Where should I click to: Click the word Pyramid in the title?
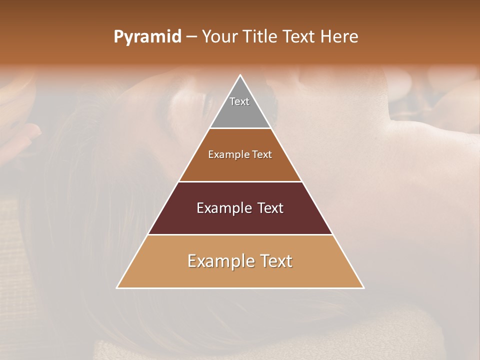tap(147, 37)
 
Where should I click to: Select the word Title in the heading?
tap(260, 37)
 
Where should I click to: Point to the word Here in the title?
tap(339, 37)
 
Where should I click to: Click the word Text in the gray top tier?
tap(239, 101)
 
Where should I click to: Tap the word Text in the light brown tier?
tap(262, 155)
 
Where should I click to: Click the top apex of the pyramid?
tap(240, 75)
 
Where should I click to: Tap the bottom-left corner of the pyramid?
tap(117, 288)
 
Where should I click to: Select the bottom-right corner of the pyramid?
tap(363, 288)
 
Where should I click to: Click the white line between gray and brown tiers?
tap(240, 128)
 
